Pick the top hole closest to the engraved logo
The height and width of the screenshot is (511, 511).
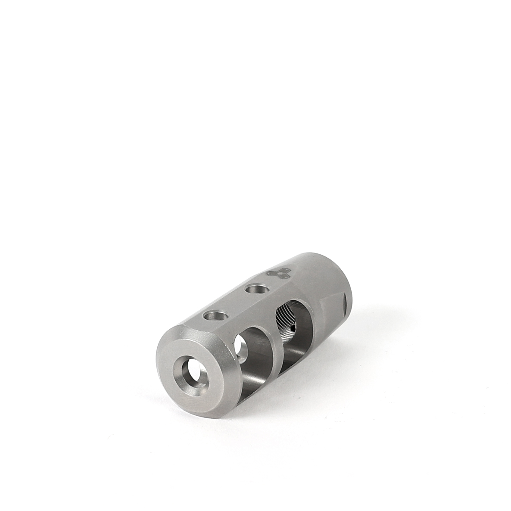point(256,290)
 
